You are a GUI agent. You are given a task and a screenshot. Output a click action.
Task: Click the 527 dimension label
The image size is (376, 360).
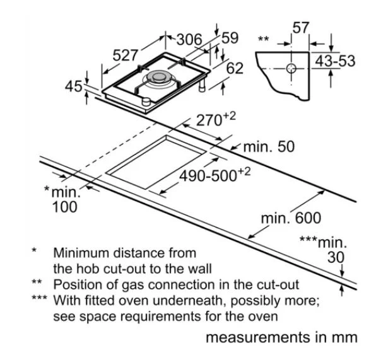[x=125, y=55]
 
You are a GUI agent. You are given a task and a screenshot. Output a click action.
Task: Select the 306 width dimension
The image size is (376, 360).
[x=189, y=40]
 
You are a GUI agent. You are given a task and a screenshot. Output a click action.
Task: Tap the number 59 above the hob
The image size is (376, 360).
[x=230, y=38]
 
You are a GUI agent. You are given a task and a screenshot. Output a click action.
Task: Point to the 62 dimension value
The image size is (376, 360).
[x=235, y=68]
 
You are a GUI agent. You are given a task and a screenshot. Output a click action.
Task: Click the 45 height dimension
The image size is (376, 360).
[x=74, y=86]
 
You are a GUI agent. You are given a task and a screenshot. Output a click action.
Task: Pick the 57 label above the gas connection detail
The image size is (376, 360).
[x=301, y=28]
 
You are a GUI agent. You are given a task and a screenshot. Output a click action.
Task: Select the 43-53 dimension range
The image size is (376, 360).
[x=335, y=61]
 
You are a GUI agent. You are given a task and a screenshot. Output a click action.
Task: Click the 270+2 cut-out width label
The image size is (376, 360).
[x=216, y=119]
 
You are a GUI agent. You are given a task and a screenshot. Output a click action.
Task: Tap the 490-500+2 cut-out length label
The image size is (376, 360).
[x=215, y=175]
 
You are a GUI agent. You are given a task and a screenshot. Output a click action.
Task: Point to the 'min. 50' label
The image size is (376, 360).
[x=269, y=147]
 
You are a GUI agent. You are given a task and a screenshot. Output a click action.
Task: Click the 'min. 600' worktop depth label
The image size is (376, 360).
[x=291, y=218]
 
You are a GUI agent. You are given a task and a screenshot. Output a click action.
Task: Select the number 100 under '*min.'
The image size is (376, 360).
[x=65, y=207]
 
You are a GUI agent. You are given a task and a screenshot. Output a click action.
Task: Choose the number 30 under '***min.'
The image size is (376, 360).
[x=336, y=257]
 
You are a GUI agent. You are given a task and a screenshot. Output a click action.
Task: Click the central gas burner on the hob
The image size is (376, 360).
[x=158, y=78]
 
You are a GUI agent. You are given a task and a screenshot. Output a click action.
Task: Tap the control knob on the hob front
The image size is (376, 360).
[x=146, y=102]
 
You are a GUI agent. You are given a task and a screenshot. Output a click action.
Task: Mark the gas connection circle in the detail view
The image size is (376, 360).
[x=291, y=69]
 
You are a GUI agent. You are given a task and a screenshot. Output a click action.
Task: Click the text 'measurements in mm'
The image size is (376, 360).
[x=281, y=337]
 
